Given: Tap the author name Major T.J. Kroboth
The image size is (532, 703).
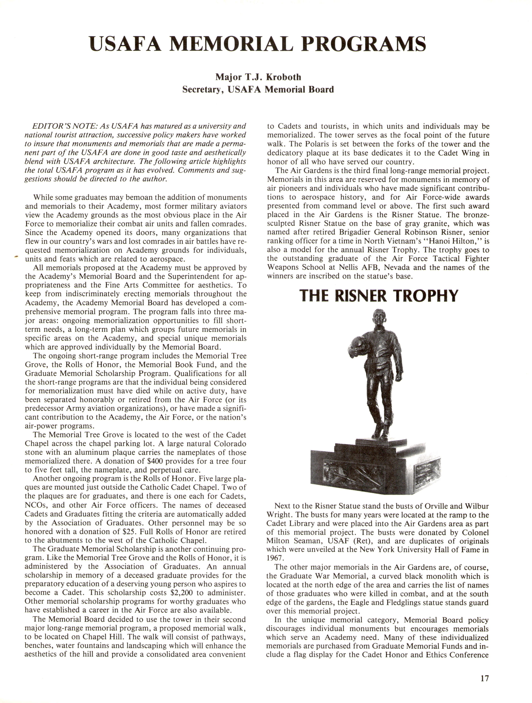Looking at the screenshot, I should click(x=258, y=77).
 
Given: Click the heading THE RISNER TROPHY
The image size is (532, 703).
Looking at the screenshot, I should click(x=379, y=296).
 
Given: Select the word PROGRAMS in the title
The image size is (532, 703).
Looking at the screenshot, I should click(x=364, y=44).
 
